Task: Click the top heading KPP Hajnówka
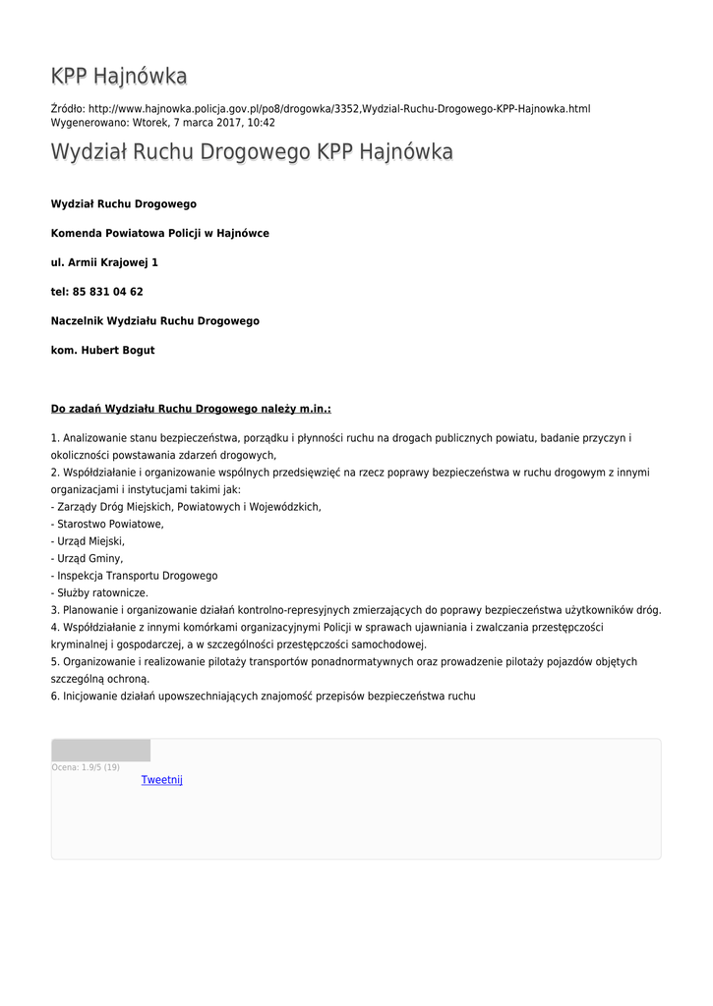(119, 77)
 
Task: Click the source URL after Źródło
(338, 108)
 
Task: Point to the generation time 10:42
(261, 123)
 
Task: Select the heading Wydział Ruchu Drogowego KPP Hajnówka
(252, 152)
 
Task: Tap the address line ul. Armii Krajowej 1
(104, 262)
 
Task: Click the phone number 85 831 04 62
(107, 292)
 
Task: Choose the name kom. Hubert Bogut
(102, 351)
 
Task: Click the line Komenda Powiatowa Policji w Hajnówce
(159, 233)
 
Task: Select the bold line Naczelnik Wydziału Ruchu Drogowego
(154, 321)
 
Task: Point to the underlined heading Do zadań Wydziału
(191, 408)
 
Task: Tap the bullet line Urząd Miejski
(89, 541)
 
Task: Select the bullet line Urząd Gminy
(89, 558)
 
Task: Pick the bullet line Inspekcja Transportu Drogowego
(136, 576)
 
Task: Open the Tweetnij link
(162, 780)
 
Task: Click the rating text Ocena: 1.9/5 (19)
(86, 767)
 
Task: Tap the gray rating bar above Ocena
(100, 751)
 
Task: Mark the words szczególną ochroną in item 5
(99, 679)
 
